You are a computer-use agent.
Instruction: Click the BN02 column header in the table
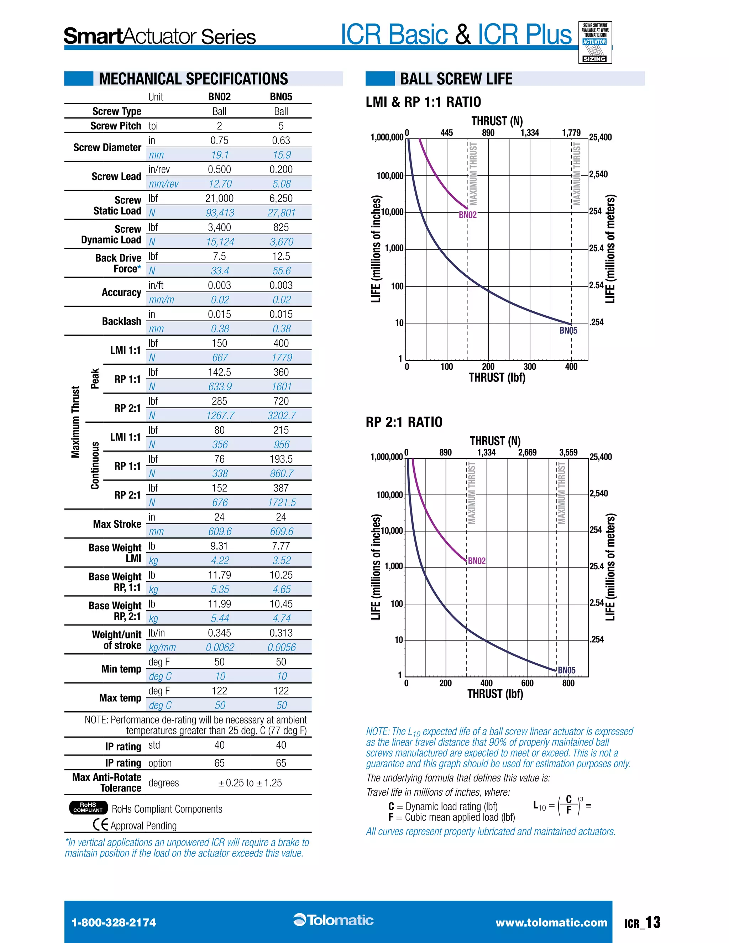pyautogui.click(x=219, y=97)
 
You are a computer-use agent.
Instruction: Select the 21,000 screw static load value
pyautogui.click(x=219, y=198)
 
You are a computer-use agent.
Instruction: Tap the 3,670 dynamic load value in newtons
pyautogui.click(x=282, y=242)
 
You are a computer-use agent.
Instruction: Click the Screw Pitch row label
pyautogui.click(x=116, y=126)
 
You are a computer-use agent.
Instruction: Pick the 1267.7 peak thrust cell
pyautogui.click(x=220, y=415)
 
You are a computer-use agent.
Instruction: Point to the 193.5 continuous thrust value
pyautogui.click(x=281, y=459)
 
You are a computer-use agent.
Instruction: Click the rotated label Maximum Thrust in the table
pyautogui.click(x=75, y=422)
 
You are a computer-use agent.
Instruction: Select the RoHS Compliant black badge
pyautogui.click(x=88, y=807)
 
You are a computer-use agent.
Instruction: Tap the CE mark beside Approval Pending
pyautogui.click(x=100, y=825)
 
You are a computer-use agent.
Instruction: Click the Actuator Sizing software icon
pyautogui.click(x=595, y=43)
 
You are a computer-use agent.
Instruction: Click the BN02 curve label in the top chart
pyautogui.click(x=468, y=215)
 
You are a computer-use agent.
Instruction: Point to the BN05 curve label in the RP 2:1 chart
pyautogui.click(x=567, y=670)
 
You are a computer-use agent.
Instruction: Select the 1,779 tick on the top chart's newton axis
pyautogui.click(x=571, y=133)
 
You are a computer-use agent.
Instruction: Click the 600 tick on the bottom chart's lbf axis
pyautogui.click(x=527, y=683)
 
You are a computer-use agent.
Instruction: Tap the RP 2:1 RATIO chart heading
pyautogui.click(x=404, y=422)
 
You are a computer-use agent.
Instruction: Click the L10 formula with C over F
pyautogui.click(x=561, y=806)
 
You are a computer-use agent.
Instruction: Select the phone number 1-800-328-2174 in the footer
pyautogui.click(x=114, y=923)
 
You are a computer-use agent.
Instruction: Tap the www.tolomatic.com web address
pyautogui.click(x=551, y=923)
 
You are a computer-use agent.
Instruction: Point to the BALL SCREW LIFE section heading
pyautogui.click(x=456, y=79)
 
